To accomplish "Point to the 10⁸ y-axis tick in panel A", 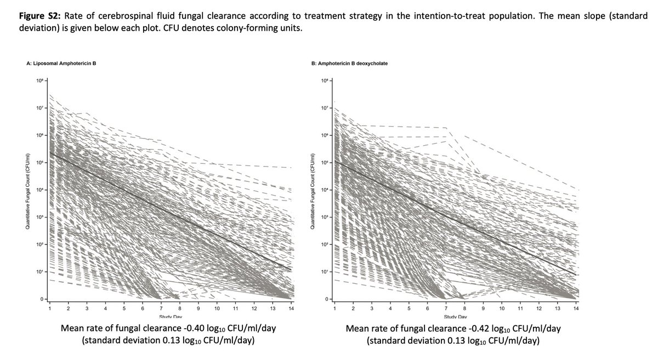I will pos(41,81).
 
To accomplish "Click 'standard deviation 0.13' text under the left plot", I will pos(140,339).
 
